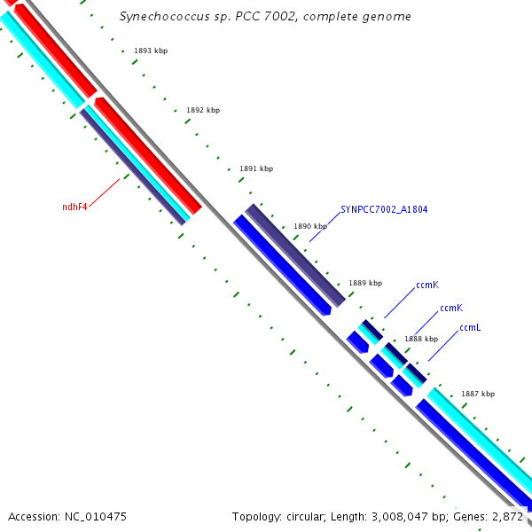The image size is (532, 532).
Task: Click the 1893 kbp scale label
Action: (x=151, y=51)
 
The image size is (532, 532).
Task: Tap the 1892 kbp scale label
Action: (x=203, y=111)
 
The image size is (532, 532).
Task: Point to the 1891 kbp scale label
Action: (x=256, y=168)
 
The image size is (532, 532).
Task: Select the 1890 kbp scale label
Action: (x=310, y=227)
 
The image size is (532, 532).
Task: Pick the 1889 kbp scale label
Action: (x=365, y=284)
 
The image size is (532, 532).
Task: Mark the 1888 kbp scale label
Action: (x=421, y=340)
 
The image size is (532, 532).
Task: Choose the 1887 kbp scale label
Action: (x=478, y=395)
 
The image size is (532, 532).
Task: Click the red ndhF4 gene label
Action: (x=74, y=207)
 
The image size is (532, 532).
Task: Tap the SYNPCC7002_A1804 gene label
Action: (x=384, y=210)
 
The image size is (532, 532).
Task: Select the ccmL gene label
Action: (x=470, y=328)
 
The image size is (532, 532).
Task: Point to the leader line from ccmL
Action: (x=442, y=347)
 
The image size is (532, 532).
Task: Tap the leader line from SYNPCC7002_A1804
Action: (x=325, y=228)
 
